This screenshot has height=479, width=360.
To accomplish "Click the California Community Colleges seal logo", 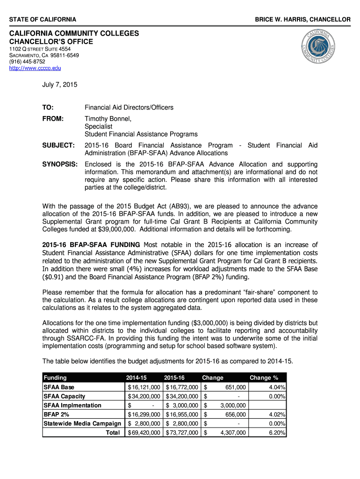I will pyautogui.click(x=318, y=49).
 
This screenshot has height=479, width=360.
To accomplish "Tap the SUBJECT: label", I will pyautogui.click(x=58, y=145).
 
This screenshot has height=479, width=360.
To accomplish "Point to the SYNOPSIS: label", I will pyautogui.click(x=59, y=164).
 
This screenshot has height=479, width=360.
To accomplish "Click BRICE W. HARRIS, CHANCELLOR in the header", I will pyautogui.click(x=302, y=19).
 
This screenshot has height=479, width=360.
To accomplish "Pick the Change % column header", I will pyautogui.click(x=264, y=377).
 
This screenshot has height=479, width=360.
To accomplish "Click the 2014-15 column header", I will pyautogui.click(x=136, y=377).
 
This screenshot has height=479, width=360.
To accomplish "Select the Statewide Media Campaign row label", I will pyautogui.click(x=82, y=423).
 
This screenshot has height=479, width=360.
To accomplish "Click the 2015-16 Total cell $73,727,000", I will pyautogui.click(x=183, y=433).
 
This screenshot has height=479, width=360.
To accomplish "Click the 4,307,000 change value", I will pyautogui.click(x=233, y=433).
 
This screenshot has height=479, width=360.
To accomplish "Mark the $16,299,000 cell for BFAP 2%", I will pyautogui.click(x=144, y=414).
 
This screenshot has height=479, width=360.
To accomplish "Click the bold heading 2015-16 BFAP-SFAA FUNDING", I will pyautogui.click(x=91, y=245).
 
